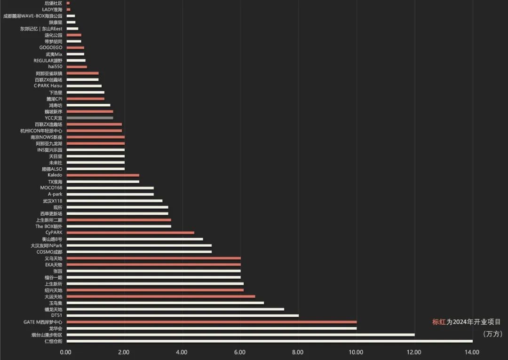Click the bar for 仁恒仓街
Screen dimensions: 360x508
pyautogui.click(x=269, y=341)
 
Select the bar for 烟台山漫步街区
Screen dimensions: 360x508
pyautogui.click(x=240, y=335)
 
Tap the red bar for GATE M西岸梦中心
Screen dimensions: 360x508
pyautogui.click(x=211, y=322)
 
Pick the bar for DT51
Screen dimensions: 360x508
pyautogui.click(x=183, y=316)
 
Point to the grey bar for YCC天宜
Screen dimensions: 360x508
pyautogui.click(x=90, y=117)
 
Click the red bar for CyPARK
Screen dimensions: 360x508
pyautogui.click(x=130, y=233)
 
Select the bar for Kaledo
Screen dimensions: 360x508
pyautogui.click(x=103, y=175)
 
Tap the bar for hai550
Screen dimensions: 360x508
pyautogui.click(x=77, y=67)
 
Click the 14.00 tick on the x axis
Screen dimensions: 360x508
pyautogui.click(x=472, y=352)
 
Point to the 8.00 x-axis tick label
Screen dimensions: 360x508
pyautogui.click(x=298, y=352)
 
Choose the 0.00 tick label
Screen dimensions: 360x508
pyautogui.click(x=66, y=352)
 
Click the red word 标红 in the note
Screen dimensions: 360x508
pyautogui.click(x=438, y=322)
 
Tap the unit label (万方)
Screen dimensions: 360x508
pyautogui.click(x=492, y=334)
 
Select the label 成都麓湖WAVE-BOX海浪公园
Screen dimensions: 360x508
pyautogui.click(x=32, y=16)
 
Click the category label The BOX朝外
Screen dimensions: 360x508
pyautogui.click(x=48, y=227)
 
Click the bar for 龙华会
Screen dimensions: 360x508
pyautogui.click(x=211, y=329)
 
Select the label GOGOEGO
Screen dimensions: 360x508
pyautogui.click(x=50, y=47)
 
